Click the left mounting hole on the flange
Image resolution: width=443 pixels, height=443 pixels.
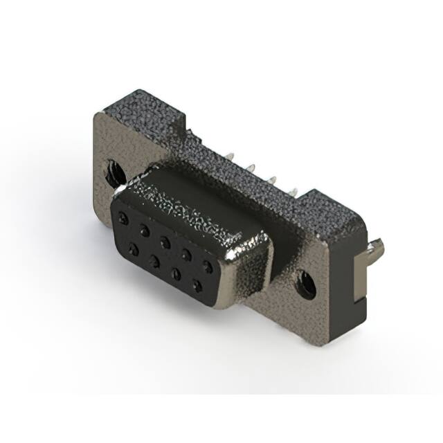click(112, 171)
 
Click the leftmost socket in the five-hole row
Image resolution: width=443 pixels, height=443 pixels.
click(124, 218)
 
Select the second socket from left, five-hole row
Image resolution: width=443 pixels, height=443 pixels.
click(144, 230)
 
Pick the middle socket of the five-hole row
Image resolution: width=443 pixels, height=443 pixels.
click(165, 242)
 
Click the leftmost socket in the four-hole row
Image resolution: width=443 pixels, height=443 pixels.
click(133, 246)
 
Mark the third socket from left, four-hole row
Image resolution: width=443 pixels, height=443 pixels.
click(177, 273)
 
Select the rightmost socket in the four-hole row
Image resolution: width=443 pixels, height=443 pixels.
click(198, 285)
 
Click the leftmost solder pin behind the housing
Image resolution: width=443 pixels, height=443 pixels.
click(230, 157)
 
